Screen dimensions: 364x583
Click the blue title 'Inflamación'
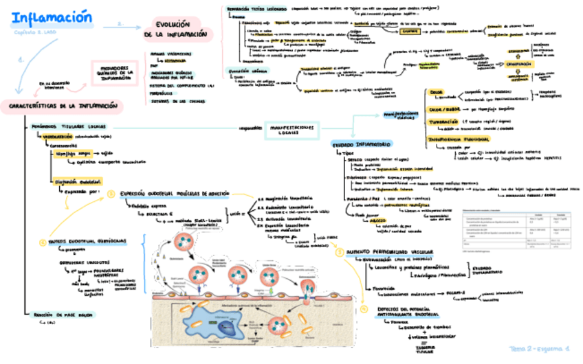point(51,16)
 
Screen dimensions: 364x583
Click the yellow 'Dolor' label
point(437,92)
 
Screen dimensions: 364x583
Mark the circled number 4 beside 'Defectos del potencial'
point(364,310)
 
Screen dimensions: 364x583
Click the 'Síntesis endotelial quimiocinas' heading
point(87,242)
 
